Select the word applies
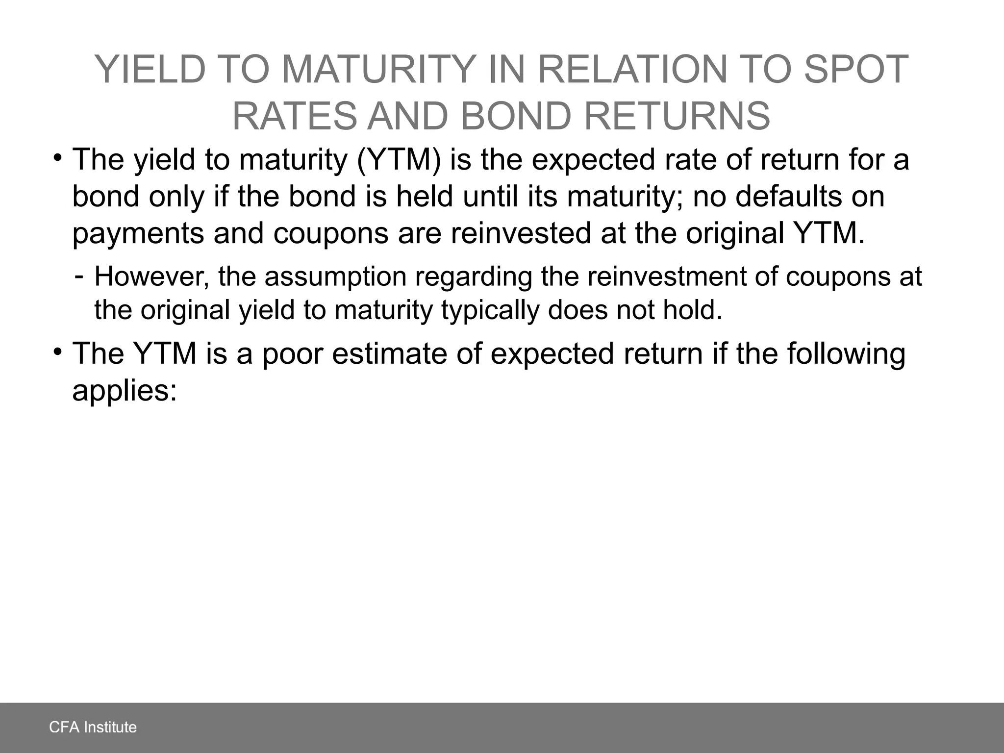[x=124, y=391]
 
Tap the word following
[x=846, y=354]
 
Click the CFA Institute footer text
[x=93, y=727]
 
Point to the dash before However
[x=79, y=276]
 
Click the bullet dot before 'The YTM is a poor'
[x=58, y=351]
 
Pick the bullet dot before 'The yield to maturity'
[x=58, y=158]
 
